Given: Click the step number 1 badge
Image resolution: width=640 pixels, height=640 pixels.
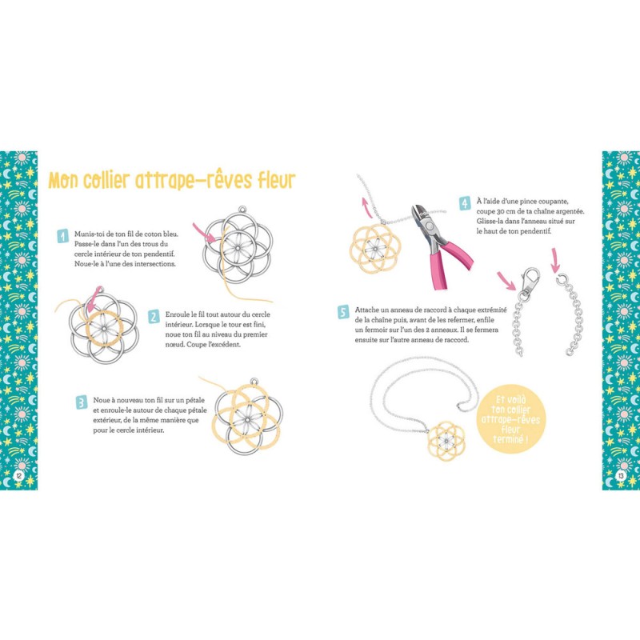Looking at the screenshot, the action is [x=62, y=236].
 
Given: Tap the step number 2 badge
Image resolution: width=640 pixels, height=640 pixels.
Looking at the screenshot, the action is [x=154, y=317].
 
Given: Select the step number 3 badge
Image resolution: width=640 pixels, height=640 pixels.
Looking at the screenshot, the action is [x=82, y=402].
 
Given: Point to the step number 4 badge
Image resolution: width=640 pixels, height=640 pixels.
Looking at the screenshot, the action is [x=465, y=203].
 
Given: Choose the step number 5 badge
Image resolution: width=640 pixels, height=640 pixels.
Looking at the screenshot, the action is [x=343, y=312].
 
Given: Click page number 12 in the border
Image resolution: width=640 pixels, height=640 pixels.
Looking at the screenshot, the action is [x=18, y=475].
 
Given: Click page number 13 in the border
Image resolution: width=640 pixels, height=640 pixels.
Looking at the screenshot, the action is [x=621, y=475].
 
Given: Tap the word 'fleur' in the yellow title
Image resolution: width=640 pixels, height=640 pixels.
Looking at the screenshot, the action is [x=275, y=180].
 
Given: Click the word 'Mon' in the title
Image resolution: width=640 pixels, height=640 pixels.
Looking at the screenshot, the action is [x=63, y=181].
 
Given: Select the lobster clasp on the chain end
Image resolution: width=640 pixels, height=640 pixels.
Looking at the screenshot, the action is [x=529, y=281].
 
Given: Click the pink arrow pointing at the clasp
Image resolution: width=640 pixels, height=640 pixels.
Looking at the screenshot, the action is [x=506, y=282].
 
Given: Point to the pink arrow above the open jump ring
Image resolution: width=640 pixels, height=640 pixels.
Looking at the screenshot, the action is [x=554, y=260].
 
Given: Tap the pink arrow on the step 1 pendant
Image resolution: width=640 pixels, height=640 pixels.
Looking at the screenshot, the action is [x=205, y=233].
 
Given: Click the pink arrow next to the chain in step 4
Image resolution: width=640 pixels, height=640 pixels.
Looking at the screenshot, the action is [x=367, y=207].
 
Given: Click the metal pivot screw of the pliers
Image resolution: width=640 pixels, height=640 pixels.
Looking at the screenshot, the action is [x=429, y=226].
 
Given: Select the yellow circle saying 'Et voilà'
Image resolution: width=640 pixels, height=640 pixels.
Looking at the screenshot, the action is [x=510, y=418].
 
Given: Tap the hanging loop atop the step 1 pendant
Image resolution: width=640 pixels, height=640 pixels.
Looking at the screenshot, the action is [x=243, y=210].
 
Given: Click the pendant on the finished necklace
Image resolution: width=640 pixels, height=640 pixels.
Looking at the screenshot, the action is [x=446, y=441].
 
